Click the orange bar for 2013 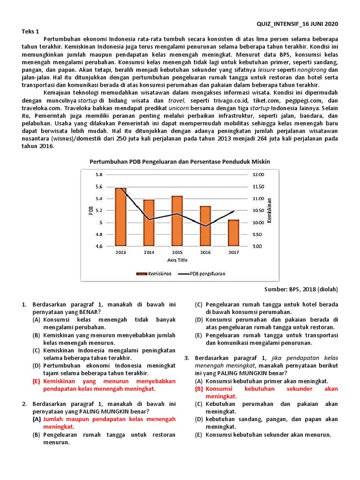pos(121,217)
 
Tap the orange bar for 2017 pos(233,233)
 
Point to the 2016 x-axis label pos(205,253)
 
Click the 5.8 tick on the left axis pos(98,174)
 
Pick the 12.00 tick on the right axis pos(259,174)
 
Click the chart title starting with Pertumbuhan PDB pos(180,161)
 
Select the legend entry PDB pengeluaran pos(208,273)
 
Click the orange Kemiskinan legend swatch pos(142,273)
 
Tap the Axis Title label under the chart pos(177,259)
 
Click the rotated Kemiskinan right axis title pos(270,210)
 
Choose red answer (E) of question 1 pos(103,385)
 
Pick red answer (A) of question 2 pos(103,423)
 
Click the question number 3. pos(186,358)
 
